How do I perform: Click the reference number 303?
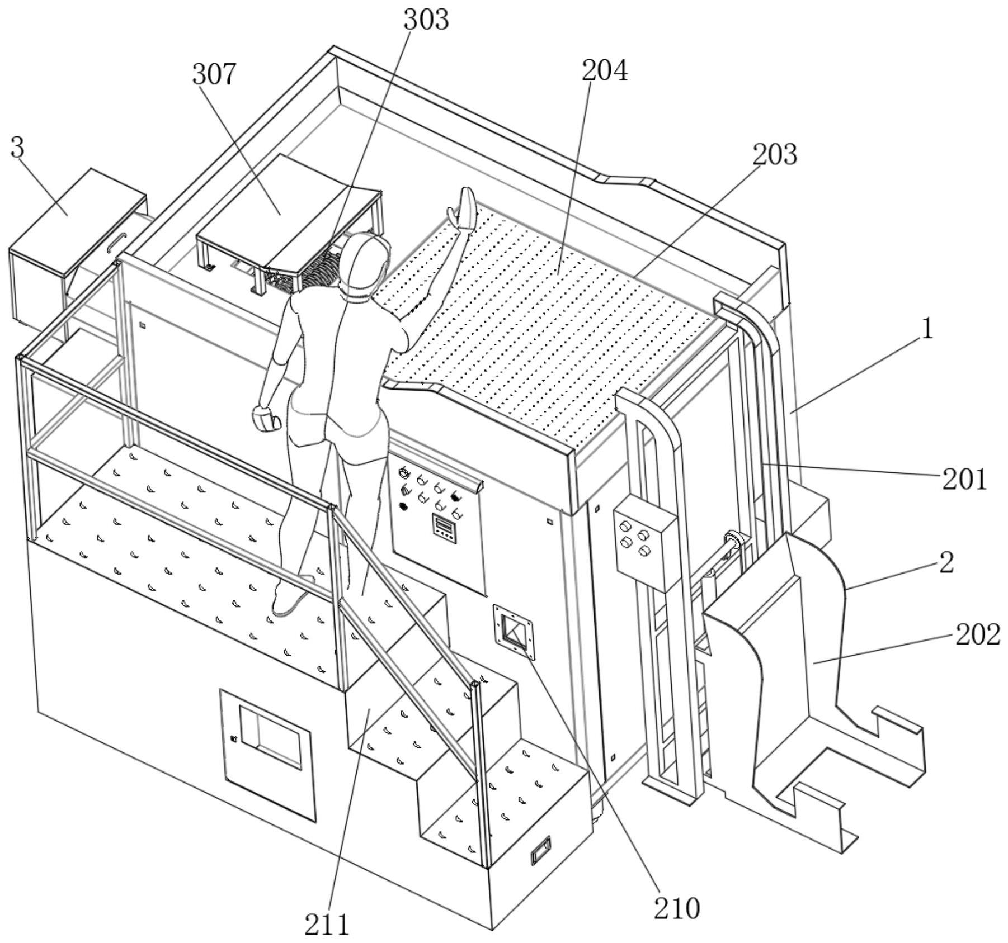tap(426, 20)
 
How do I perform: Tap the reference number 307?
tap(214, 74)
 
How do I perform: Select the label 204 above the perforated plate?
tap(605, 71)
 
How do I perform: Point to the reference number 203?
tap(774, 154)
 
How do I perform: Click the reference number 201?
tap(964, 479)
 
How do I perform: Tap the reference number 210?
tap(677, 908)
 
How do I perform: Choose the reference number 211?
tap(327, 924)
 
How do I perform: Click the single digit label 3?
tap(18, 148)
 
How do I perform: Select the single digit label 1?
tap(927, 329)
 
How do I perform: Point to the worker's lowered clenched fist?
tap(267, 418)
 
